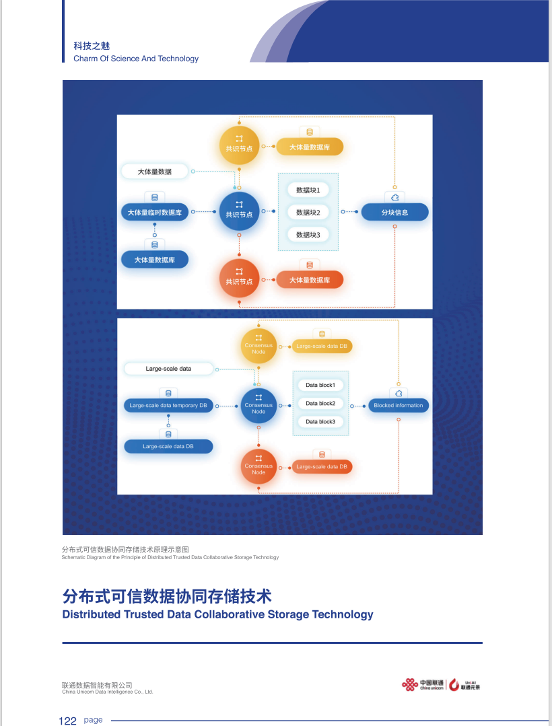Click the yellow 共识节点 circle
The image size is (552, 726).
[x=239, y=145]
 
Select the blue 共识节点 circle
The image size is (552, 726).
[x=239, y=211]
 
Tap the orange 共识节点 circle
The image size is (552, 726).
[x=239, y=279]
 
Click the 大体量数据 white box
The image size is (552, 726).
[x=154, y=172]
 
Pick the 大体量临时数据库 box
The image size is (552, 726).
[x=155, y=213]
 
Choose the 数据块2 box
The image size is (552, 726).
[x=308, y=212]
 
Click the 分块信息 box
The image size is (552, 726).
[x=394, y=212]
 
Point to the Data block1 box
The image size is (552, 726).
[x=320, y=385]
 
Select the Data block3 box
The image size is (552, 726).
[x=320, y=422]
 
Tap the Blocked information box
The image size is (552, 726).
[x=399, y=406]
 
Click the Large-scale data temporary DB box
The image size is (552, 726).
[x=168, y=406]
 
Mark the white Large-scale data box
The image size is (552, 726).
[x=168, y=369]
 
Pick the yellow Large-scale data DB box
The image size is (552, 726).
[x=322, y=347]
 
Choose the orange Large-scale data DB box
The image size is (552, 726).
[x=322, y=466]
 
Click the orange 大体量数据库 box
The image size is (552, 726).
[x=310, y=280]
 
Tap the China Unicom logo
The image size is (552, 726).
[x=423, y=685]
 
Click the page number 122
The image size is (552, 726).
[x=68, y=721]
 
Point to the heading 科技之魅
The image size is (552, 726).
[x=91, y=46]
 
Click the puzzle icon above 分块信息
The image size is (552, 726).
[x=394, y=197]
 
